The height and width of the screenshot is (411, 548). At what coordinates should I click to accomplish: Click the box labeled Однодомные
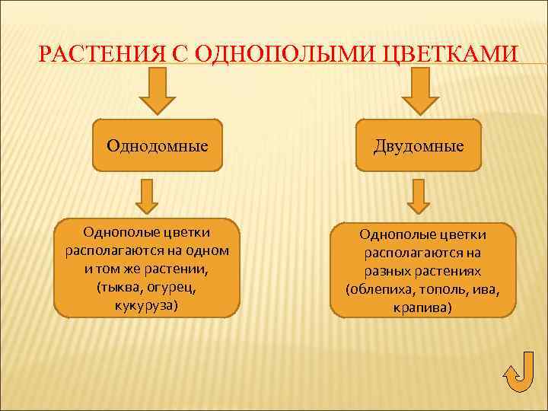tap(158, 144)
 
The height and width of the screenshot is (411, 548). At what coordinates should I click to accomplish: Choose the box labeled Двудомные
tap(418, 144)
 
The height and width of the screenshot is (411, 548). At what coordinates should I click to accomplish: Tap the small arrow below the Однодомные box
tap(147, 196)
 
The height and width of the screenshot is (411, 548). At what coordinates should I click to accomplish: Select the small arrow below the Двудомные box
tap(418, 196)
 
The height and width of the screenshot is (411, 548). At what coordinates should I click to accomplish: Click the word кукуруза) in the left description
tap(147, 305)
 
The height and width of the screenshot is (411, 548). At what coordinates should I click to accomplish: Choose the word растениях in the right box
tap(454, 272)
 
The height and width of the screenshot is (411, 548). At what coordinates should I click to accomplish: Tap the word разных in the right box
tap(385, 272)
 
